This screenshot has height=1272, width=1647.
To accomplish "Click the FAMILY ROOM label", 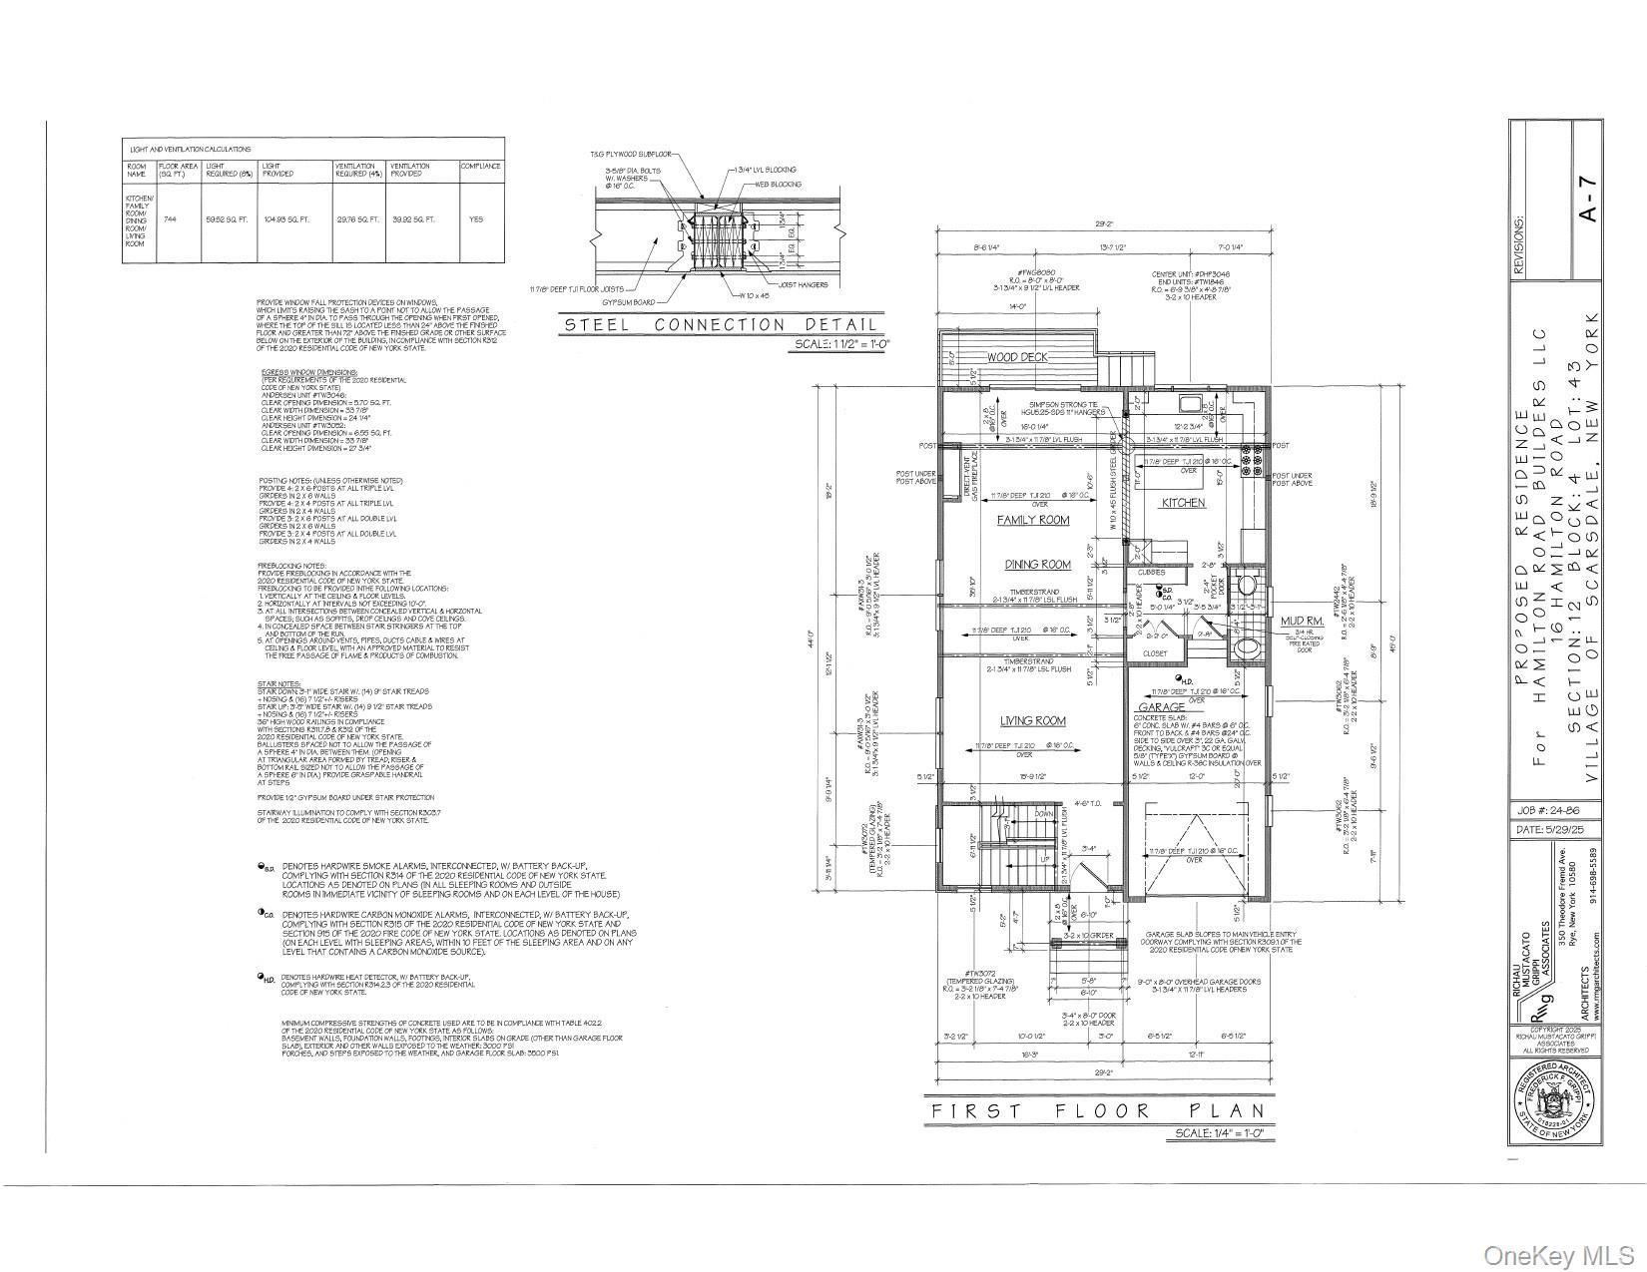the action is point(1032,520).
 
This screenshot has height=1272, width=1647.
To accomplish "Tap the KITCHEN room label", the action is point(1183,503).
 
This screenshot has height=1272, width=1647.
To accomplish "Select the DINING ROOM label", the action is point(1037,565).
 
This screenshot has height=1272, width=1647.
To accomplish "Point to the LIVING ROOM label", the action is point(1033,720).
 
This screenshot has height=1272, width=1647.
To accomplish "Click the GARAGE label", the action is point(1161,707).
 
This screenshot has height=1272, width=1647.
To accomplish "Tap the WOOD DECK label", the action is point(1016,357).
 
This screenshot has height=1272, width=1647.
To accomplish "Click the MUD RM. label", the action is point(1300,622).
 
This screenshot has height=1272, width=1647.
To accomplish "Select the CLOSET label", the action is point(1154,653).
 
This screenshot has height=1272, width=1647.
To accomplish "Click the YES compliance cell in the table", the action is point(476,218).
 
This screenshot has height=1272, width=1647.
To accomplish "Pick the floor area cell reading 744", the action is point(170,218).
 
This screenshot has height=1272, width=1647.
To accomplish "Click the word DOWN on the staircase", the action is point(1042,814).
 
